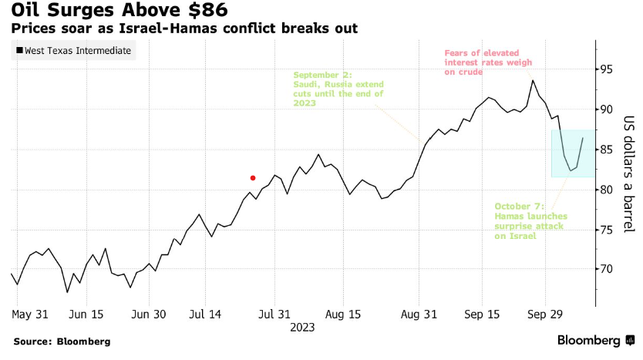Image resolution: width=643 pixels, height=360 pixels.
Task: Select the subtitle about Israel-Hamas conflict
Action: point(183,29)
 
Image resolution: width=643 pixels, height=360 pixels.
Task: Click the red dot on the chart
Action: point(253,177)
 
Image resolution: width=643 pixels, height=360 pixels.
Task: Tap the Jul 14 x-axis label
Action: point(206,315)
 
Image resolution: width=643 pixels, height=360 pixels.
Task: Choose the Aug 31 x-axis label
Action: point(419,315)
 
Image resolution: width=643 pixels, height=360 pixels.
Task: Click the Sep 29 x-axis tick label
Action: point(545,315)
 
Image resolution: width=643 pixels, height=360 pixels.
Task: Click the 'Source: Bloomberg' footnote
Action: point(62,341)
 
